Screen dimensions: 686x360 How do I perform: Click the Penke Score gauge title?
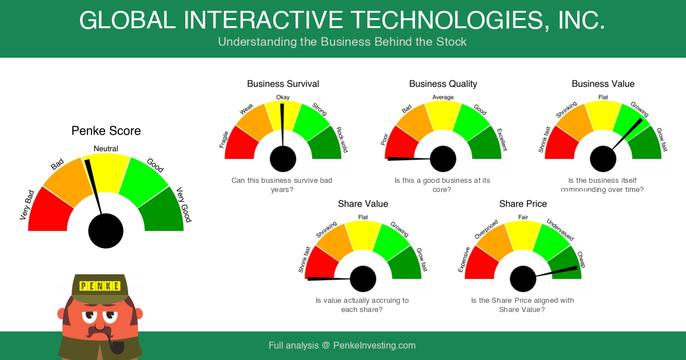[106, 131]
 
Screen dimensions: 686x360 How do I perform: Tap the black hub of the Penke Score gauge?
[106, 231]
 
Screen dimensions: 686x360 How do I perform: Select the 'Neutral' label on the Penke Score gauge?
[106, 149]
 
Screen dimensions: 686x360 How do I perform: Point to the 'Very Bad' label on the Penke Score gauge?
[27, 205]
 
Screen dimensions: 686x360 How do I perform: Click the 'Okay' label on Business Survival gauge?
[282, 97]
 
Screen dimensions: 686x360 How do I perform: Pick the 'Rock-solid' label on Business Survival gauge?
[342, 139]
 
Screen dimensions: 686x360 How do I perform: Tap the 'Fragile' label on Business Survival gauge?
[224, 139]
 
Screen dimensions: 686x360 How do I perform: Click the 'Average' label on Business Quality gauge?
[443, 97]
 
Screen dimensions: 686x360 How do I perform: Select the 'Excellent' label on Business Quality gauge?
[502, 139]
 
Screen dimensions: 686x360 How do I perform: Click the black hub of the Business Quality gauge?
[443, 159]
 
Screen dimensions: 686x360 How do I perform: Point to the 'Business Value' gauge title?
[603, 84]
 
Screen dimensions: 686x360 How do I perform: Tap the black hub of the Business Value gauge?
[603, 159]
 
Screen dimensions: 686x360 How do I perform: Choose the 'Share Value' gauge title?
[363, 204]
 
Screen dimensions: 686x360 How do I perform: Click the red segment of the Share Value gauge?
[320, 264]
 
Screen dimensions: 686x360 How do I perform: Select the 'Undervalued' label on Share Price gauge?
[560, 230]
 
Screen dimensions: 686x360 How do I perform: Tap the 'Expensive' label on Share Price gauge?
[464, 259]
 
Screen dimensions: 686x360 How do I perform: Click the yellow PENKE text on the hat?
[100, 286]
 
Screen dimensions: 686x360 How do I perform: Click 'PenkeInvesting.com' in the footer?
[374, 345]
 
